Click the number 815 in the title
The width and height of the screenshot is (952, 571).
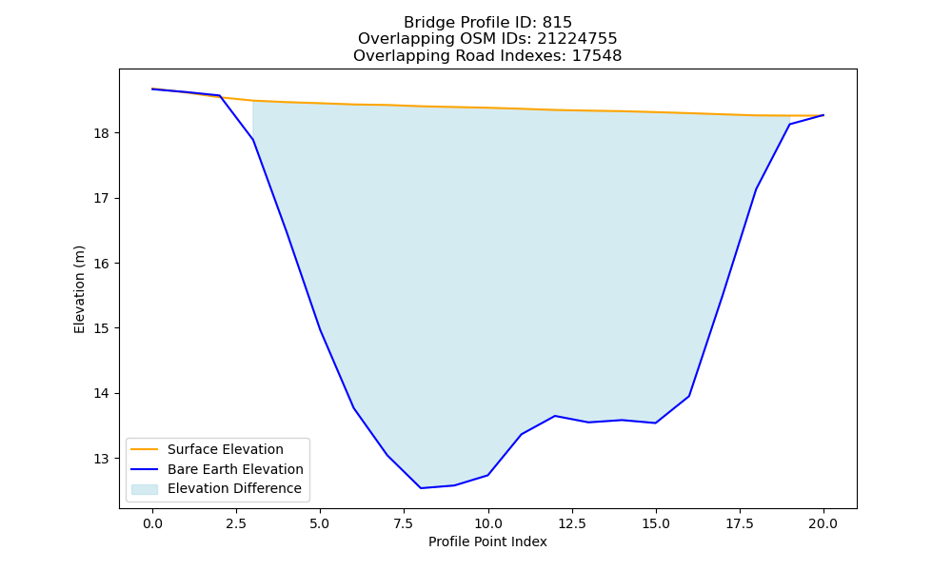557,23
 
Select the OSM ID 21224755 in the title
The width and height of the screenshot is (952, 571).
577,39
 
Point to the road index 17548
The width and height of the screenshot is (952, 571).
596,56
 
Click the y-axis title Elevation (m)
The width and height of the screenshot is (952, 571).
80,289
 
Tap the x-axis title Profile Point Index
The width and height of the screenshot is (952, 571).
487,541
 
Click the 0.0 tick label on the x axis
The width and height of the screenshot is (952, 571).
152,523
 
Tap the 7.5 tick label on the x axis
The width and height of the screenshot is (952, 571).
404,523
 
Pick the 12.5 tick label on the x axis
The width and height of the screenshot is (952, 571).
571,523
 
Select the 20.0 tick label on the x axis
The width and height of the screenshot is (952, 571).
823,523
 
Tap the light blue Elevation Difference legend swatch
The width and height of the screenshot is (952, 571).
145,489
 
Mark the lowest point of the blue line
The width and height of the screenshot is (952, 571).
421,488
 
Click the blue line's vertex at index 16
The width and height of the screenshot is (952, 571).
689,396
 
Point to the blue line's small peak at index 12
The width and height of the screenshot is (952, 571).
555,416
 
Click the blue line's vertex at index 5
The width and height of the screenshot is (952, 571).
320,330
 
